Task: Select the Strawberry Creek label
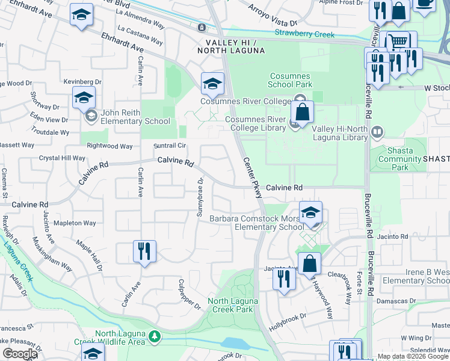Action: point(304,34)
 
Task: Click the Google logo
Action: point(19,354)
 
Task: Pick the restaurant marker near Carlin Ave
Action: point(144,251)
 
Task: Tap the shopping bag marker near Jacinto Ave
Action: point(309,263)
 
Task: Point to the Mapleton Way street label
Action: point(75,223)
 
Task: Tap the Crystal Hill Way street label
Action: point(63,158)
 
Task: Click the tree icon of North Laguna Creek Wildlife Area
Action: point(155,335)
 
